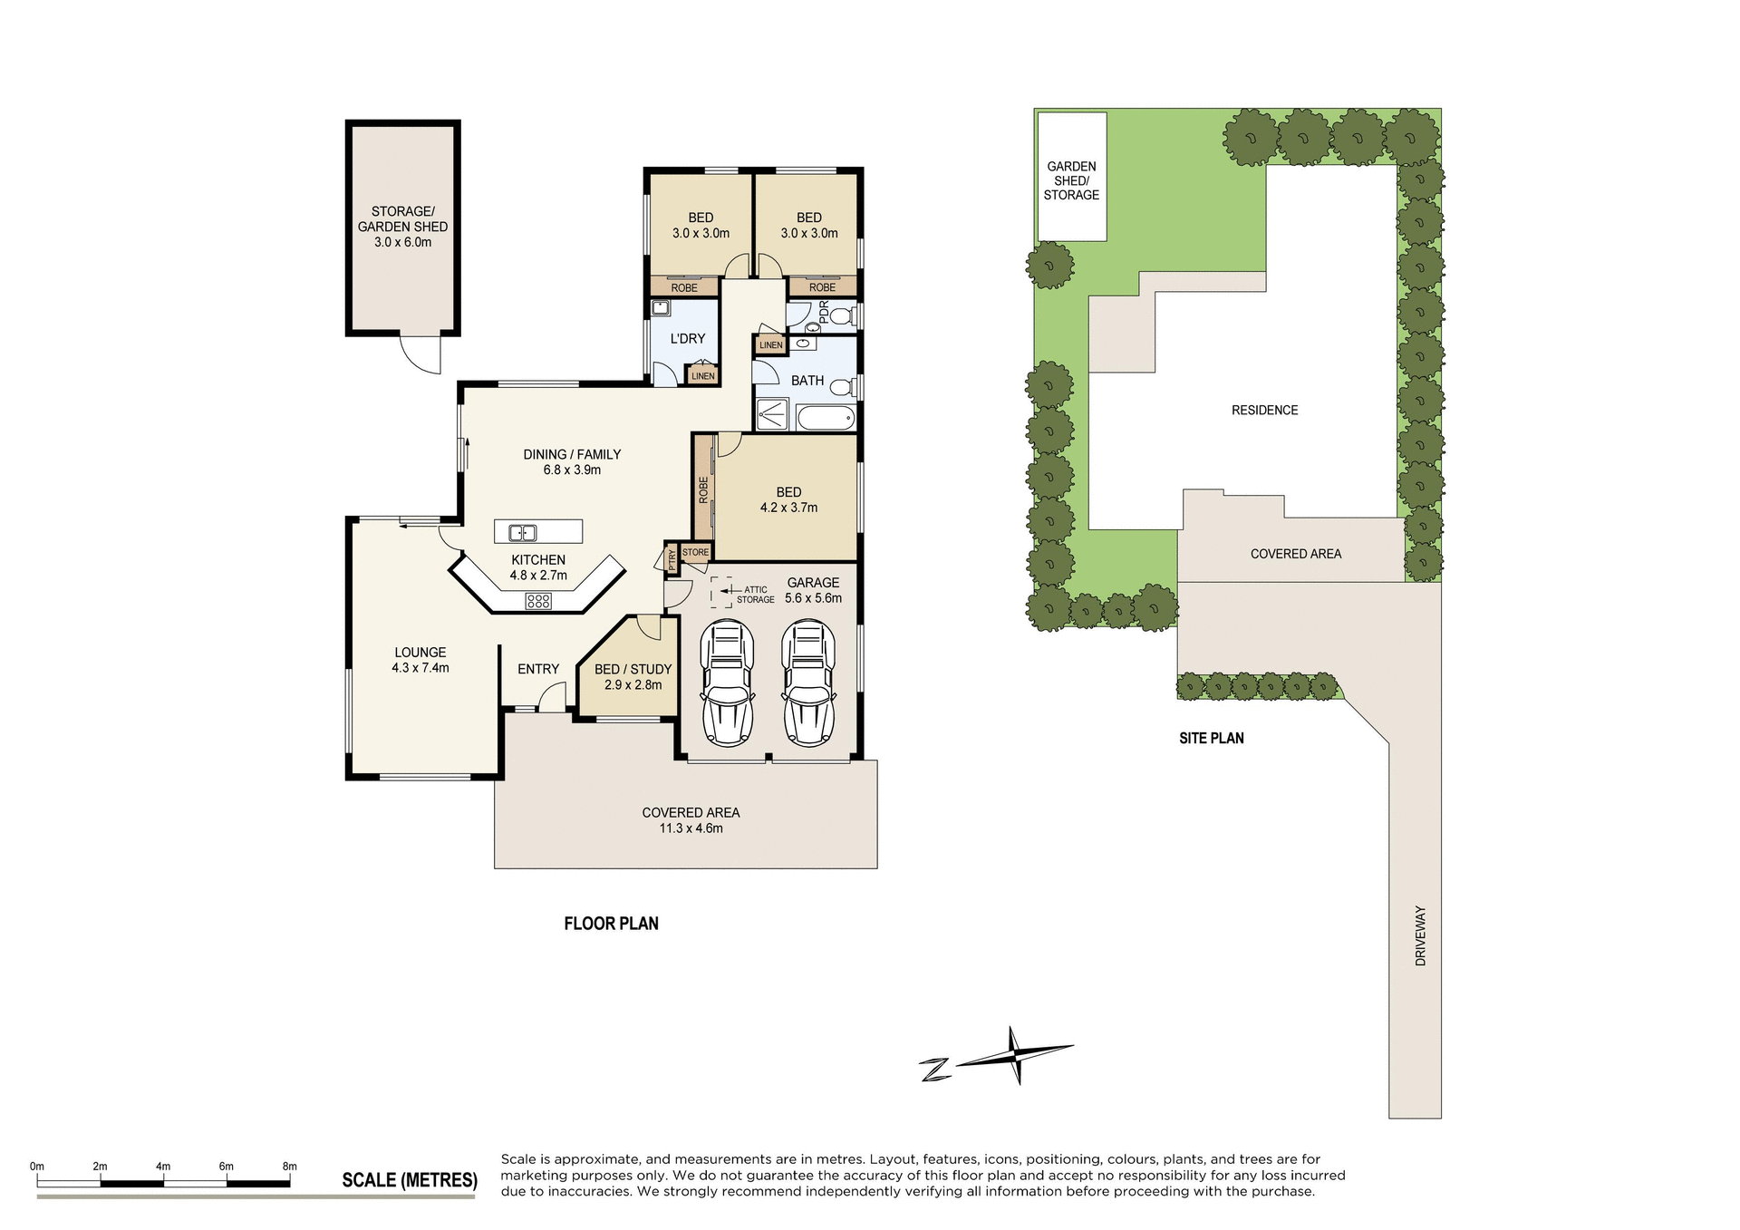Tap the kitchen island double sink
523,533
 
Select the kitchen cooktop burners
538,600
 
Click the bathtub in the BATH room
826,419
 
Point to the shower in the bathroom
772,414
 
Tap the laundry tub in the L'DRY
661,308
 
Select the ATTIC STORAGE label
755,595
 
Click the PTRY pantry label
672,560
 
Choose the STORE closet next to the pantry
695,552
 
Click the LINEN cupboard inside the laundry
702,375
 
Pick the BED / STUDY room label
633,676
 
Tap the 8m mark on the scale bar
290,1167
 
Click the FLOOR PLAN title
611,924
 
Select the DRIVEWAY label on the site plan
1420,935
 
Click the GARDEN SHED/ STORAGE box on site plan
1071,178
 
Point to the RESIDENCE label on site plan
1264,411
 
